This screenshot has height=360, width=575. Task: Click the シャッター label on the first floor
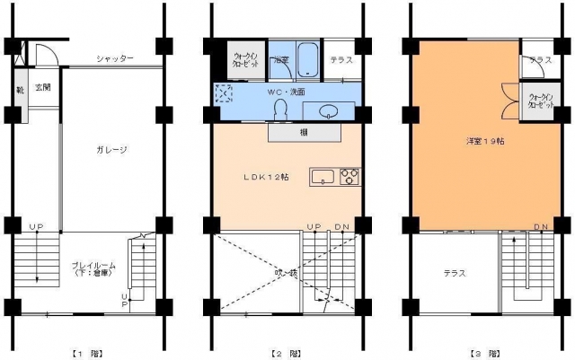pos(116,58)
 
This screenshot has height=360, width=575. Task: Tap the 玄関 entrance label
pos(43,88)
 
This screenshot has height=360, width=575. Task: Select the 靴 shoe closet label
pos(20,90)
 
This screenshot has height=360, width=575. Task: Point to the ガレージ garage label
pos(111,150)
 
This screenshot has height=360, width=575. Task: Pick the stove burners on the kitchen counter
pos(349,176)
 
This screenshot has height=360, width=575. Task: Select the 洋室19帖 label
pos(459,141)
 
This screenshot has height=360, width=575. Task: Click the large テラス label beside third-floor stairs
pos(454,273)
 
